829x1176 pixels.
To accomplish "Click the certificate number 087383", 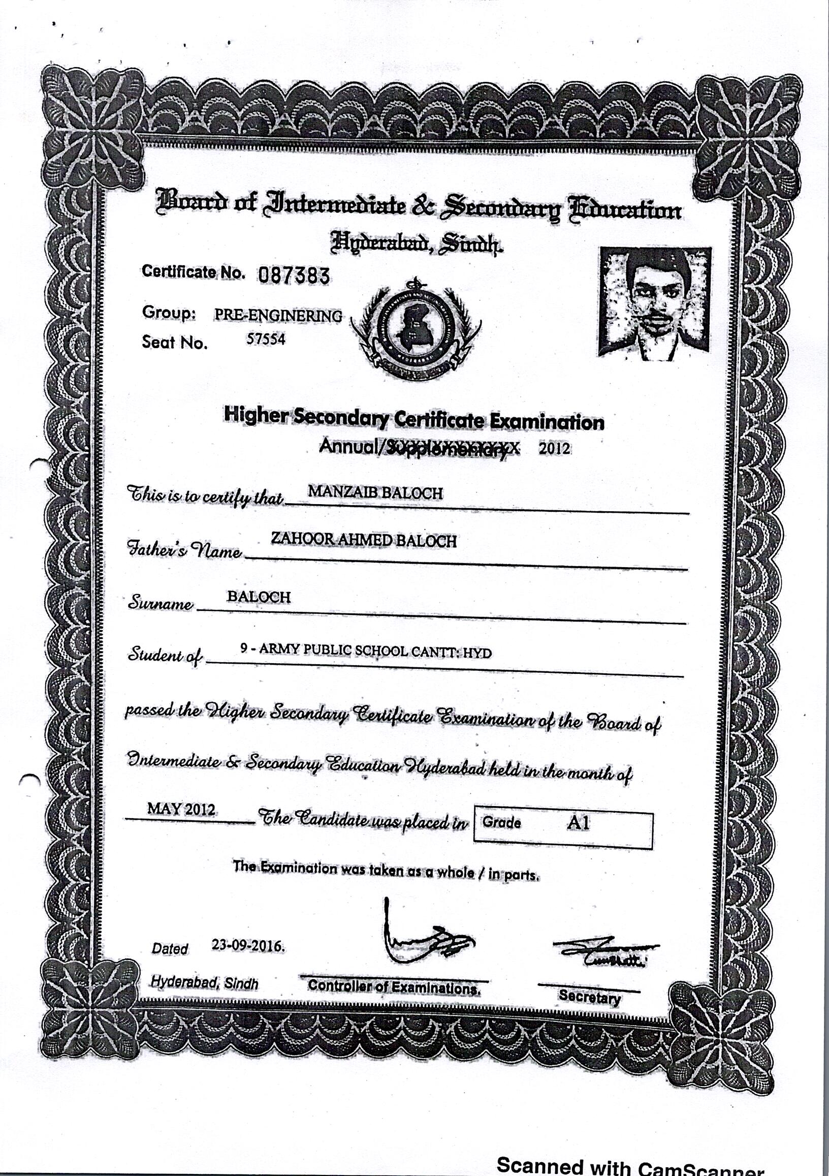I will point(294,276).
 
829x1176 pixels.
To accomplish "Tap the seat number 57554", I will point(266,339).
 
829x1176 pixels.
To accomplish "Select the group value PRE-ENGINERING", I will point(278,316).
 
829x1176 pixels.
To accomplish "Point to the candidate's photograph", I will point(655,303).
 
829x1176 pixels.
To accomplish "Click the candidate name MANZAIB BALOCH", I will point(375,493).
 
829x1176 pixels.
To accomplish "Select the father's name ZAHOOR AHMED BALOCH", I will point(364,540).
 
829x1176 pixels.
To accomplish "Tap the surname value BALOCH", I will point(259,597).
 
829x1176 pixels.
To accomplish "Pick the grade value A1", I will point(578,823).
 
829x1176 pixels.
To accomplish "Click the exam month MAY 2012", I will point(181,809).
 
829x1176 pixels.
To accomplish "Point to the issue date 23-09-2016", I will point(248,945).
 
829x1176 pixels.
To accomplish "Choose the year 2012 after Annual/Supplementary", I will point(554,449).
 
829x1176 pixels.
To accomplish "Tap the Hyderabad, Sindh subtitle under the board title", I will point(416,242).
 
